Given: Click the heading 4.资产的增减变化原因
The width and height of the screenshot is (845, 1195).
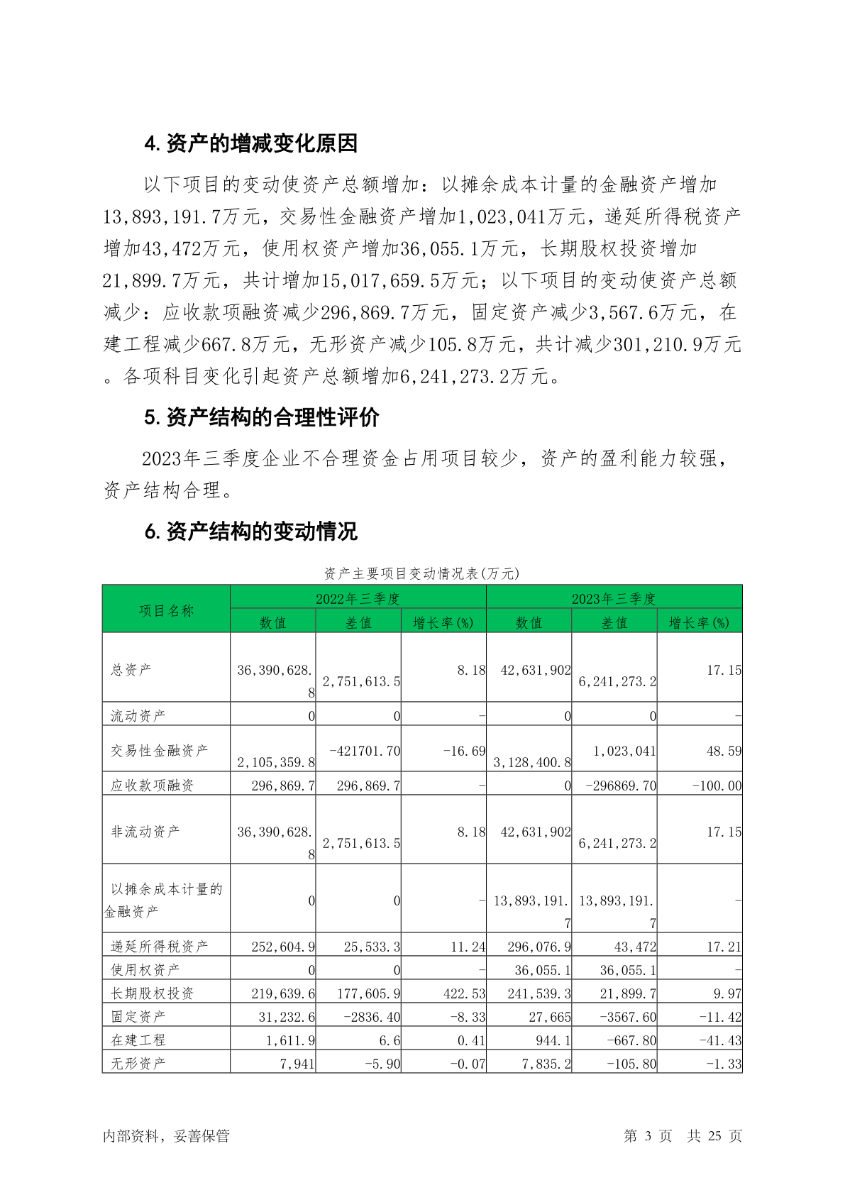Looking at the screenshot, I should (250, 143).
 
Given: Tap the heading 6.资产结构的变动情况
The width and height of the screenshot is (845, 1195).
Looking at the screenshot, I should (250, 531).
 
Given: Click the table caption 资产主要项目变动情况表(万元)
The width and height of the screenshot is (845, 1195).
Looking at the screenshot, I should (421, 573).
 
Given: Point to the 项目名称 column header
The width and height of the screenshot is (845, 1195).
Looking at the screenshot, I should (166, 610).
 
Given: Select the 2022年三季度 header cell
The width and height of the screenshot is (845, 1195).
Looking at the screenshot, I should (358, 598).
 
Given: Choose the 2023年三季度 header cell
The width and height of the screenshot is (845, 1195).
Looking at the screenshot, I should (614, 598).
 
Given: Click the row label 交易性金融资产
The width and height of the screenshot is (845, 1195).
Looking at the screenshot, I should (160, 750).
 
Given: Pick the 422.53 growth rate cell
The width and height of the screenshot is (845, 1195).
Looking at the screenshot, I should (464, 993).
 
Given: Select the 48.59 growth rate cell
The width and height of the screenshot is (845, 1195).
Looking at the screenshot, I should (724, 751).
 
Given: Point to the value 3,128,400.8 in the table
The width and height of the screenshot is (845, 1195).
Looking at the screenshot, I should (532, 762).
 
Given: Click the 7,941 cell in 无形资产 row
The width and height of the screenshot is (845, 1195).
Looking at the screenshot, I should (297, 1063).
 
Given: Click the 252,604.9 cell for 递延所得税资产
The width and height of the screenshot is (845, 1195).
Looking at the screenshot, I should (283, 947).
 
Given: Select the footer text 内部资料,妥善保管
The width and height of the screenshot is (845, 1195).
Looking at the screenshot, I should (166, 1135).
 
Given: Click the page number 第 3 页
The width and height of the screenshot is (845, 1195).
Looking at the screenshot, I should (648, 1135).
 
